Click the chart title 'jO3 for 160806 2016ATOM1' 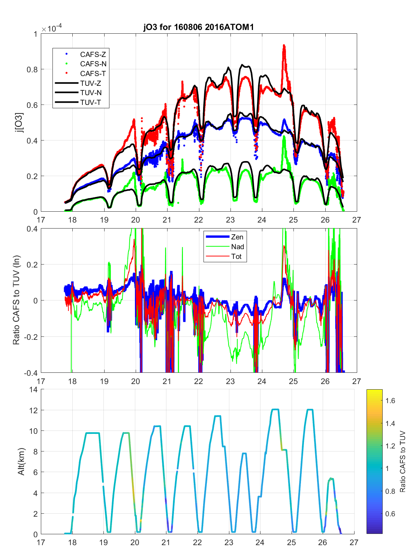[x=199, y=27]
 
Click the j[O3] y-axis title [x=19, y=123]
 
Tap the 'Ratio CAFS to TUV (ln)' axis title [x=16, y=300]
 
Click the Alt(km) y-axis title [x=21, y=462]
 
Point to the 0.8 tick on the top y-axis [x=33, y=69]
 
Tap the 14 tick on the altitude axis [x=34, y=390]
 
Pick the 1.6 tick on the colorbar [x=390, y=401]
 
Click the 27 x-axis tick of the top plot [x=356, y=220]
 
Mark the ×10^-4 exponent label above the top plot [x=52, y=29]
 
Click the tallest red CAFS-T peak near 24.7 [x=284, y=46]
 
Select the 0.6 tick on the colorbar [x=390, y=514]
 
